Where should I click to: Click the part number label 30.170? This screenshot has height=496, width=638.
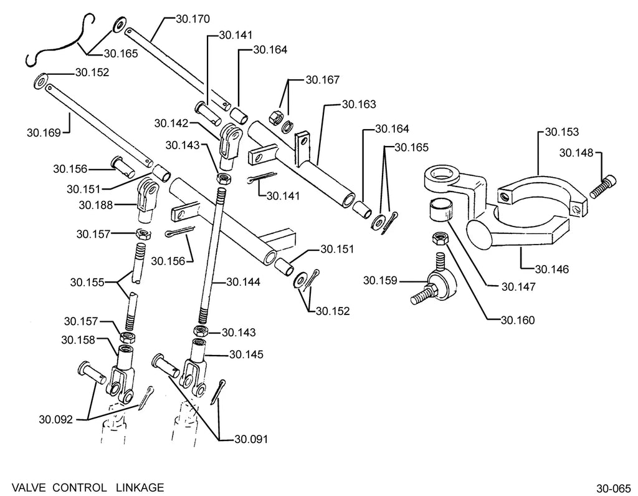click(x=193, y=19)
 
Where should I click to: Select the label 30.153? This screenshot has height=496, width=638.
click(x=561, y=132)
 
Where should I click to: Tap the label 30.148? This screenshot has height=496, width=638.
click(x=576, y=153)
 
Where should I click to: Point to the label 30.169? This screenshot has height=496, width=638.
click(x=44, y=133)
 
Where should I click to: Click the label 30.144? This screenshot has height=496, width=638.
click(x=244, y=282)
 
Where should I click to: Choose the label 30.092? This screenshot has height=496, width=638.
click(x=55, y=419)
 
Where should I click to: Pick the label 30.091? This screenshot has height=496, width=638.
click(x=251, y=439)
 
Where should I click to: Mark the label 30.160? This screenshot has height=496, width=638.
click(x=518, y=320)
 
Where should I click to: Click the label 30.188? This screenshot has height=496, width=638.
click(x=95, y=205)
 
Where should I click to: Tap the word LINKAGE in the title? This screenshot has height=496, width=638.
click(x=140, y=487)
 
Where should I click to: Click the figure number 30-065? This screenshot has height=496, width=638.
click(x=613, y=489)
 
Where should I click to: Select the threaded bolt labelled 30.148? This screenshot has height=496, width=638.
click(x=602, y=187)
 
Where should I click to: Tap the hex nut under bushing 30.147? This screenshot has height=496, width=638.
click(x=439, y=238)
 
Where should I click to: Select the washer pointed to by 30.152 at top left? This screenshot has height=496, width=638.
click(x=40, y=80)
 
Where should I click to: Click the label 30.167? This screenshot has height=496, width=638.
click(x=322, y=80)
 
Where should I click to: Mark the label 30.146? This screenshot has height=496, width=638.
click(x=552, y=270)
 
